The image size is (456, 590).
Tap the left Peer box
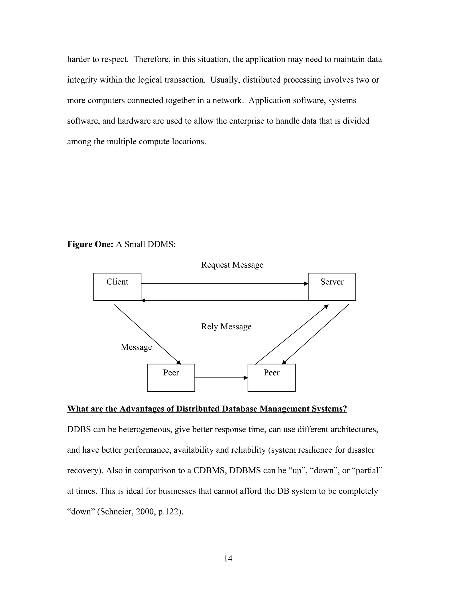pyautogui.click(x=171, y=377)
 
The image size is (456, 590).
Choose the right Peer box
pyautogui.click(x=271, y=377)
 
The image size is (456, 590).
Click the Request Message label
pyautogui.click(x=232, y=265)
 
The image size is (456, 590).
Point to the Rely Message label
pyautogui.click(x=226, y=326)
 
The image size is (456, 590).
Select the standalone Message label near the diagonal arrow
pyautogui.click(x=136, y=347)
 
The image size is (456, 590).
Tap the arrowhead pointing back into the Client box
pyautogui.click(x=143, y=300)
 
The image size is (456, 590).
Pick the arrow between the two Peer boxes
pyautogui.click(x=221, y=378)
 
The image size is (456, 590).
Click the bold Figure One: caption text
pyautogui.click(x=90, y=244)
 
